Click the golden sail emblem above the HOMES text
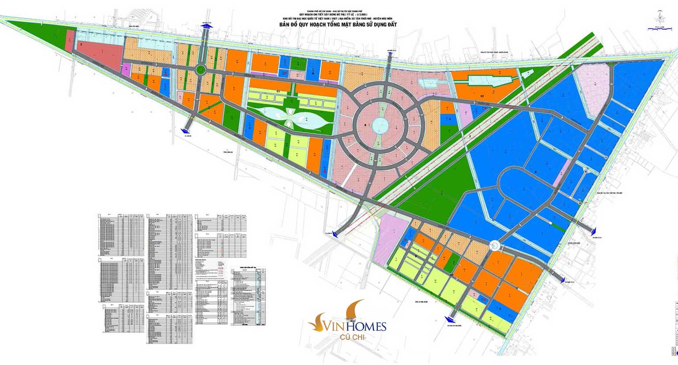(x=356, y=309)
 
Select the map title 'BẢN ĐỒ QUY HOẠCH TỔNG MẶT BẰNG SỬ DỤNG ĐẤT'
(x=338, y=25)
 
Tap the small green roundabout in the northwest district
(x=201, y=69)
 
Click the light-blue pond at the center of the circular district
(x=379, y=126)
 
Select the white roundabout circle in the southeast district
(x=494, y=245)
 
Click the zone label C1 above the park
(x=279, y=91)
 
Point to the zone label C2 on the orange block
(x=482, y=95)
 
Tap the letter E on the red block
(x=82, y=45)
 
